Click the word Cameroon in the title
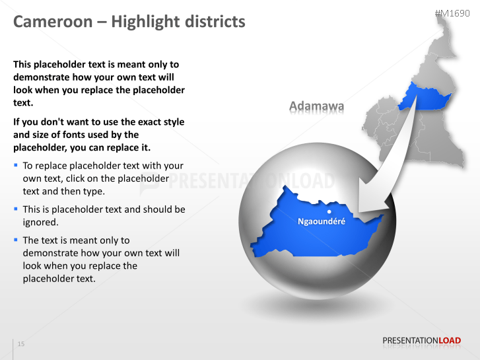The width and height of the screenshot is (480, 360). coord(53,22)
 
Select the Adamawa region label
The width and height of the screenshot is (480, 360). coord(317,106)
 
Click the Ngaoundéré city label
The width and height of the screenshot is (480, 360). coord(322,221)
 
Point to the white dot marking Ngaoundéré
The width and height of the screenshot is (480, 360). coord(329,212)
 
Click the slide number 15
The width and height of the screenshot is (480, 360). coord(21,344)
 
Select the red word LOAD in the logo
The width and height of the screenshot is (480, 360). coord(450,341)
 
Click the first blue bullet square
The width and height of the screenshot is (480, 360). coord(16,164)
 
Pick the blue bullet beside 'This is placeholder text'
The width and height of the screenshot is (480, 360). coord(16,208)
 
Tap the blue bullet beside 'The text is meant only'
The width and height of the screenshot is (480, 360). coord(16,239)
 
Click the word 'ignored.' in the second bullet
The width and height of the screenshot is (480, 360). coord(41,222)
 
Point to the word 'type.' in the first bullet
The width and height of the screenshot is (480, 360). coord(94,192)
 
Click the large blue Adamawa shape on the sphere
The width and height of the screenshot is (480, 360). coord(304,231)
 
